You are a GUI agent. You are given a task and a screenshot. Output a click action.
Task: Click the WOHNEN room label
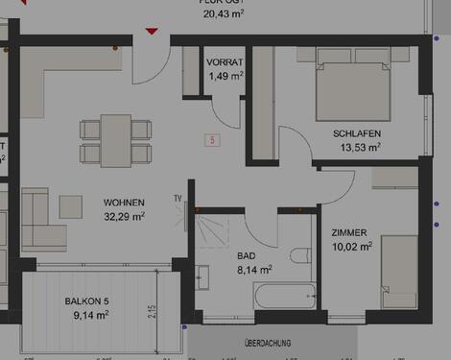point(125,203)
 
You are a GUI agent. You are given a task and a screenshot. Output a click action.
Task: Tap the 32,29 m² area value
point(125,217)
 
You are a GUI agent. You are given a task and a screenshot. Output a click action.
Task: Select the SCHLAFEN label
point(357,133)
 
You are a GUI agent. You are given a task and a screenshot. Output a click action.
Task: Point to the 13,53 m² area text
point(361,148)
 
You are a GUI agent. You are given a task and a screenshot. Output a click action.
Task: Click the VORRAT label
point(225,61)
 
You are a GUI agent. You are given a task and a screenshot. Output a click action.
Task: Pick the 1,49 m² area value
point(225,75)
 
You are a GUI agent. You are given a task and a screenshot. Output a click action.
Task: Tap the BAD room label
point(247,255)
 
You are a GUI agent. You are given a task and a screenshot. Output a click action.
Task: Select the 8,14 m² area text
point(254,270)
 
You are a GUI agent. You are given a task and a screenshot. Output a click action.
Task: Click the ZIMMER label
point(348,232)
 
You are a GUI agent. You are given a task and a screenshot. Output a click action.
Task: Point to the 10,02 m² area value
point(352,246)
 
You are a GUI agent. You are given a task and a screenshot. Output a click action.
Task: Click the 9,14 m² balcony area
point(91,314)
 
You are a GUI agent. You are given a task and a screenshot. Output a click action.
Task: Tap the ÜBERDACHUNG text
point(270,342)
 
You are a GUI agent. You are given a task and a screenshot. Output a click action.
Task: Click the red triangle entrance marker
point(152,32)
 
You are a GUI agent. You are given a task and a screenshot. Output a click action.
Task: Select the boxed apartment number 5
point(212,140)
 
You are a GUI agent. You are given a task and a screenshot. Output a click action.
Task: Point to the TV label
point(178,198)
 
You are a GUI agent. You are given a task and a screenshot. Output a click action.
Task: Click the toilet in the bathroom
point(300,255)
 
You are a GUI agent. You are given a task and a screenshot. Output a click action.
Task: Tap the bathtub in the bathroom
point(284,297)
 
